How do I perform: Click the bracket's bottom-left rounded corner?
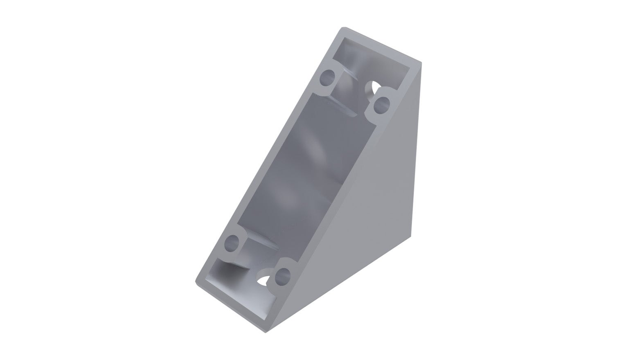point(197,281)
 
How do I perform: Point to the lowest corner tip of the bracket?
point(266,331)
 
